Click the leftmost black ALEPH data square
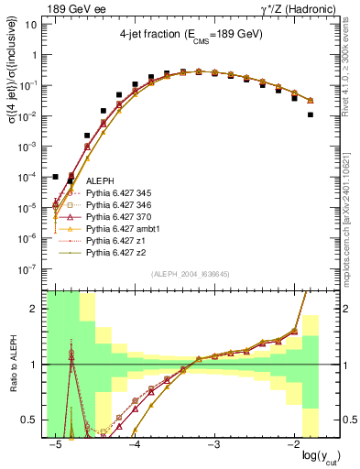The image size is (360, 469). click(x=56, y=177)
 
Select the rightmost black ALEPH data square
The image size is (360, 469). click(x=311, y=115)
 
